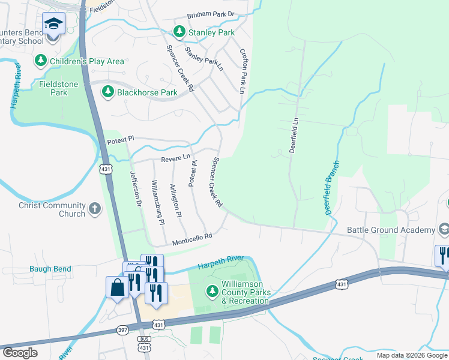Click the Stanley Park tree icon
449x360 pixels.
(179, 31)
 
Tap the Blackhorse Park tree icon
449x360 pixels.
(107, 92)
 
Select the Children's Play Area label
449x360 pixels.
(87, 61)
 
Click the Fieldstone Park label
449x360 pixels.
(58, 89)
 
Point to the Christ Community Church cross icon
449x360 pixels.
(94, 209)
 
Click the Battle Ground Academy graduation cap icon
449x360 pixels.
(444, 229)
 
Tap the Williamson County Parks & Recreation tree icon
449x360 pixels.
(212, 292)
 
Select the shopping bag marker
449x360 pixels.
(118, 287)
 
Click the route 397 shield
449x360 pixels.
(123, 331)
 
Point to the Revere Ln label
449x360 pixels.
(175, 159)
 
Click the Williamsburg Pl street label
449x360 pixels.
(158, 202)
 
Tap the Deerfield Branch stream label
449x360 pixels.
(333, 188)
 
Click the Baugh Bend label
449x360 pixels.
(50, 269)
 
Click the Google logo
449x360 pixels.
(20, 353)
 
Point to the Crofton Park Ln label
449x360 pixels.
(243, 71)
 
